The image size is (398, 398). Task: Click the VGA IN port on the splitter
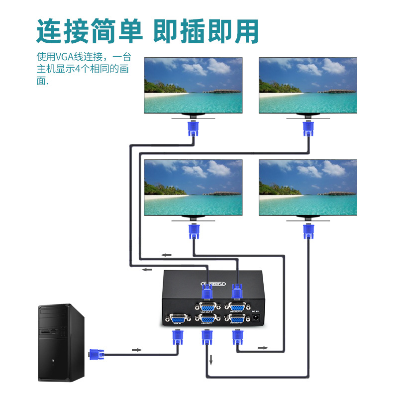tap(177, 319)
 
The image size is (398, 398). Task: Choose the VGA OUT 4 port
tap(237, 307)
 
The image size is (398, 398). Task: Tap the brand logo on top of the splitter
tap(213, 284)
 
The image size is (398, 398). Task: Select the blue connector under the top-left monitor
tap(193, 128)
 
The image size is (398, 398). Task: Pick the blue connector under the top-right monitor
tap(308, 128)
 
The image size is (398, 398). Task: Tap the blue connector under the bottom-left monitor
tap(194, 231)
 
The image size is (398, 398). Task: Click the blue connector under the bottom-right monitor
tap(308, 231)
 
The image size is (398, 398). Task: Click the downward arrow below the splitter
tap(211, 359)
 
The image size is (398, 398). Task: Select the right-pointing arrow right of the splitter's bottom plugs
tap(262, 347)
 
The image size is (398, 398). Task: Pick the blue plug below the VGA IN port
tap(177, 337)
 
